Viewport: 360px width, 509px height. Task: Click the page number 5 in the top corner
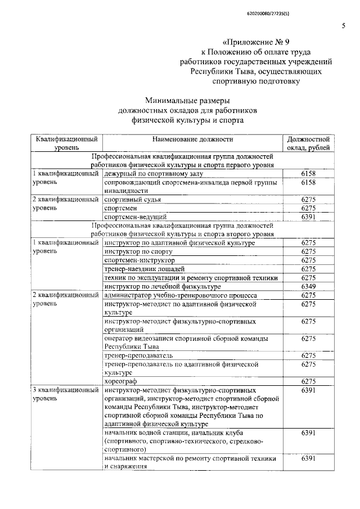[343, 26]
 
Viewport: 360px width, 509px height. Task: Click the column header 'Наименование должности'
[192, 139]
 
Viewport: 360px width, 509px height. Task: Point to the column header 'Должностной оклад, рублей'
[308, 143]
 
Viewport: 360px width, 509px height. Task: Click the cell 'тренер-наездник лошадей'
[145, 269]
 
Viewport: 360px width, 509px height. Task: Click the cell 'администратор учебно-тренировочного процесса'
[181, 295]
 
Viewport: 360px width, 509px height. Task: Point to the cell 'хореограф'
[121, 381]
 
